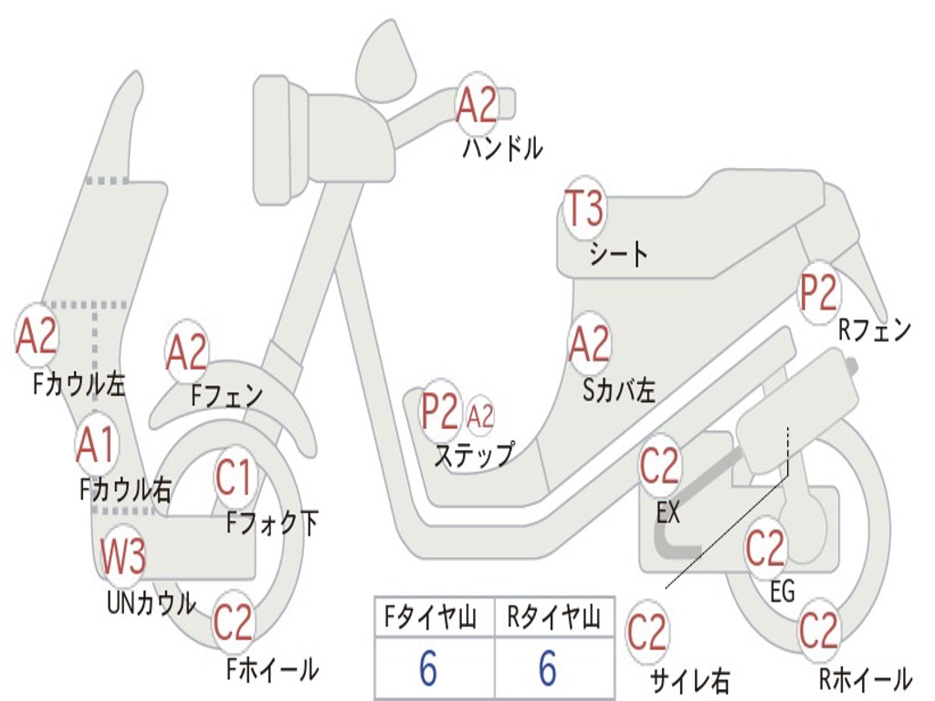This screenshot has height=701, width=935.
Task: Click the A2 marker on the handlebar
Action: click(477, 104)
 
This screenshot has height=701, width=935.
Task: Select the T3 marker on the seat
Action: click(583, 210)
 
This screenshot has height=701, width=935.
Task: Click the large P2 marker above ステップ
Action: click(440, 412)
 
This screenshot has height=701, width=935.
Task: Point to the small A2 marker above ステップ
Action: click(480, 416)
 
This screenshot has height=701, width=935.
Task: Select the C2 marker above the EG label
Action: click(765, 548)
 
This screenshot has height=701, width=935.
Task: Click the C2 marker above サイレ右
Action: click(647, 633)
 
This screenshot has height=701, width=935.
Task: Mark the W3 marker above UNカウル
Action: click(123, 557)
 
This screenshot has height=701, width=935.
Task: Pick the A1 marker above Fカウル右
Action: click(96, 445)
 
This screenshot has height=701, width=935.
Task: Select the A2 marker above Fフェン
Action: click(187, 352)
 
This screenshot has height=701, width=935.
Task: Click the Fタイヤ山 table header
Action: click(433, 620)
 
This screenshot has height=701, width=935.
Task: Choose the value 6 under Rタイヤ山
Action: click(548, 669)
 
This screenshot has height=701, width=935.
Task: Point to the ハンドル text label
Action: click(502, 148)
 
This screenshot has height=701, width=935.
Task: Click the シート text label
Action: click(618, 254)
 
